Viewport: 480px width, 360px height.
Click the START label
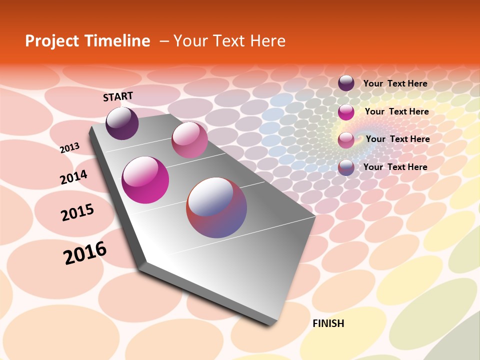[x=118, y=96]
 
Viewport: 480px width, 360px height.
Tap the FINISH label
[x=328, y=323]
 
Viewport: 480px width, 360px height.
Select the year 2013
[x=70, y=148]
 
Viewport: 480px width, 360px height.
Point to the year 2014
[x=73, y=177]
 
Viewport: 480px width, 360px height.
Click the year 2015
[x=77, y=212]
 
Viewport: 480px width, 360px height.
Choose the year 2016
[x=85, y=253]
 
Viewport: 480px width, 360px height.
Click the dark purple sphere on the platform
[x=122, y=123]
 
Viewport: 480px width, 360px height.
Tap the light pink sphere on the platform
[x=189, y=139]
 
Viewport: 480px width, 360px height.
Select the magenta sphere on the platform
[x=145, y=180]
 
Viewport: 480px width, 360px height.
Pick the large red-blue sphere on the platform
[x=216, y=207]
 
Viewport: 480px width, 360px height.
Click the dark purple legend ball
[x=346, y=83]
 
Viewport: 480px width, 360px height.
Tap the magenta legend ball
[x=346, y=112]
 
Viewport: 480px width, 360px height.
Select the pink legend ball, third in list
[x=346, y=140]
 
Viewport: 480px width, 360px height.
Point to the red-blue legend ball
[x=346, y=167]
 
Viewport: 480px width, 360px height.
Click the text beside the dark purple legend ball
[x=395, y=84]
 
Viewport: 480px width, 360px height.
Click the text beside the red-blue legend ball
[x=395, y=167]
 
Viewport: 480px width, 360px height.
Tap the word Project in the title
[x=49, y=41]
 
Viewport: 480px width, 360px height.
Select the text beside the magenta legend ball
[x=396, y=111]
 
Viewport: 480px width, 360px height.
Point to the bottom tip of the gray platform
[x=270, y=324]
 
